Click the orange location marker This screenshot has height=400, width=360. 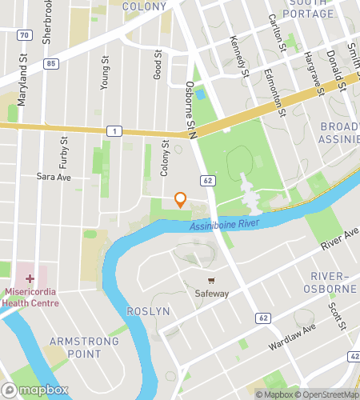click(181, 200)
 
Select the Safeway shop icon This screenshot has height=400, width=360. click(212, 281)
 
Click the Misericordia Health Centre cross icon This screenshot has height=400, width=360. click(30, 279)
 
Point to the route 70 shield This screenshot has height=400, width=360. click(26, 36)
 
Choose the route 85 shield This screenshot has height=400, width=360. click(51, 63)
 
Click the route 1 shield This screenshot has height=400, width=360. click(117, 130)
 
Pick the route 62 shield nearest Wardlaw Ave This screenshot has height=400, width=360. click(263, 318)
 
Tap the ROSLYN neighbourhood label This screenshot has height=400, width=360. click(148, 311)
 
